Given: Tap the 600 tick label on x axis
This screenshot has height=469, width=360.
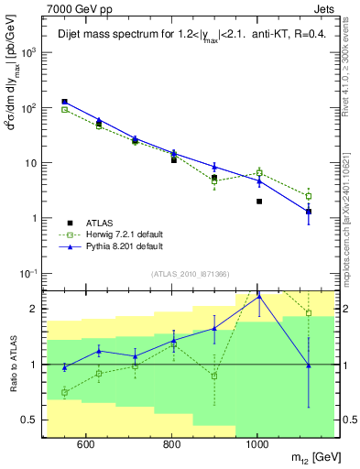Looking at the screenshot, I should (x=85, y=445).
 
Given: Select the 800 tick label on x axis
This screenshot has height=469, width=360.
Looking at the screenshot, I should (x=171, y=445).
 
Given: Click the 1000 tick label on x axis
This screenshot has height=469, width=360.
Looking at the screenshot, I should (x=257, y=445).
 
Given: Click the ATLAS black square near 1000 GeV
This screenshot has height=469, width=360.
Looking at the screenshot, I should (x=259, y=202).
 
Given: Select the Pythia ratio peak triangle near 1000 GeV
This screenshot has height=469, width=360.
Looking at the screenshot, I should (x=259, y=296).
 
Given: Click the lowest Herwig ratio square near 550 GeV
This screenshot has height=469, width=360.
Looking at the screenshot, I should (x=64, y=392).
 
